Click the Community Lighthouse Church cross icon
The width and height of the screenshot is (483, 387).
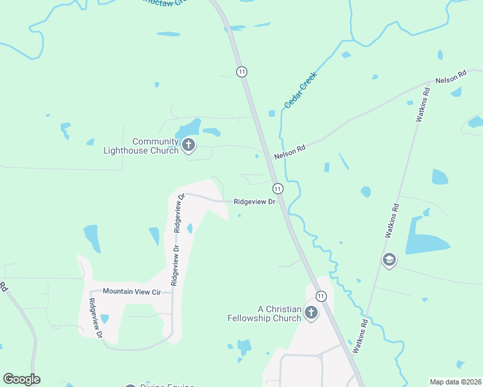pyautogui.click(x=189, y=144)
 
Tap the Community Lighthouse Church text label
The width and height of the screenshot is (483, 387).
pyautogui.click(x=141, y=146)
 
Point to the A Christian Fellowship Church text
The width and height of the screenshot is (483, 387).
pyautogui.click(x=264, y=313)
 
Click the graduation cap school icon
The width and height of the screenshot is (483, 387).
pyautogui.click(x=389, y=261)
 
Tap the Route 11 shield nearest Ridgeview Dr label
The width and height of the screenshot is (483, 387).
pyautogui.click(x=277, y=188)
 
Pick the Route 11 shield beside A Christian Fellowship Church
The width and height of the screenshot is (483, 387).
pyautogui.click(x=322, y=296)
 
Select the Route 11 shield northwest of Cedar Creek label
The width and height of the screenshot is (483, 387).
pyautogui.click(x=241, y=72)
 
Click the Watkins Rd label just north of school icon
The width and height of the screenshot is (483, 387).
pyautogui.click(x=391, y=221)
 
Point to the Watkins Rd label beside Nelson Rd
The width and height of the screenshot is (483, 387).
pyautogui.click(x=423, y=104)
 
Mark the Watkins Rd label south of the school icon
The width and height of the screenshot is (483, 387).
pyautogui.click(x=361, y=335)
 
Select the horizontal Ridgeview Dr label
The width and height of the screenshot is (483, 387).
pyautogui.click(x=254, y=201)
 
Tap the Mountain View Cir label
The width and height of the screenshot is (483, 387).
pyautogui.click(x=131, y=292)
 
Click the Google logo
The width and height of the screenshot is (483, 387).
pyautogui.click(x=21, y=379)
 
